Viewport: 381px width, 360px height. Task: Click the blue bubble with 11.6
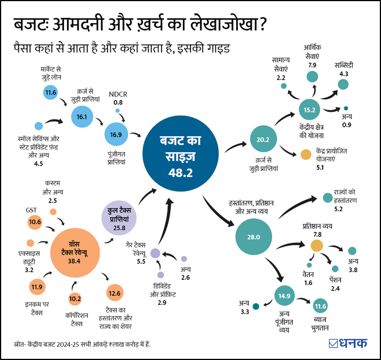[50, 92]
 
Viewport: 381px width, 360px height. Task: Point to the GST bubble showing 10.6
[35, 222]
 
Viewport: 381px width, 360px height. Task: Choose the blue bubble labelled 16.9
[115, 135]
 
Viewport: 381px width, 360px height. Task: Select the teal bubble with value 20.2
[263, 138]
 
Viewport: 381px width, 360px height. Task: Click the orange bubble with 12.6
[115, 294]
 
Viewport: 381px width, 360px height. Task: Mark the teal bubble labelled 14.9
[284, 296]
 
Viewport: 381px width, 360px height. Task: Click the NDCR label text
[118, 94]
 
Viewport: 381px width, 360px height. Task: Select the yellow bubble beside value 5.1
[305, 154]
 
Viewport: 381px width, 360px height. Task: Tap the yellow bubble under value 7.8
[316, 246]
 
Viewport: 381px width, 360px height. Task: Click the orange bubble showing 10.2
[75, 299]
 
